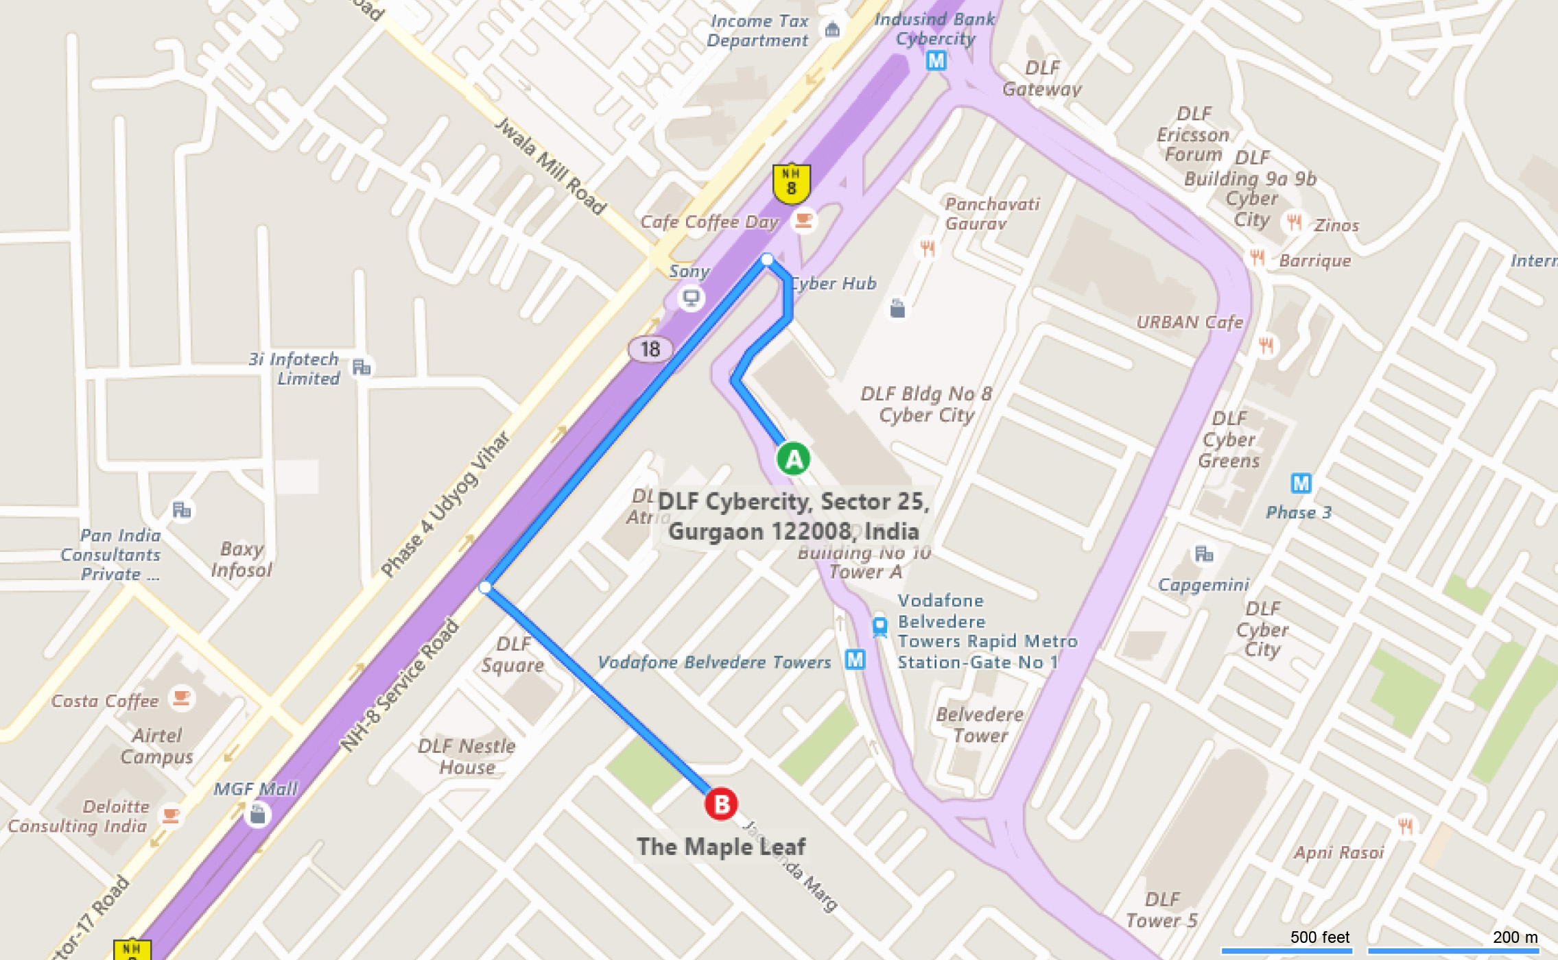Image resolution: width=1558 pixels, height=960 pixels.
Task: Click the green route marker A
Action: pyautogui.click(x=793, y=459)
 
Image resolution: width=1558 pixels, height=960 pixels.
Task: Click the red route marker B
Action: pyautogui.click(x=721, y=804)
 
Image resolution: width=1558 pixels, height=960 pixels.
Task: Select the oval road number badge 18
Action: pyautogui.click(x=650, y=349)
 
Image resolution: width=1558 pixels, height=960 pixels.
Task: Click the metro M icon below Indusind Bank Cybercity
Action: pyautogui.click(x=936, y=61)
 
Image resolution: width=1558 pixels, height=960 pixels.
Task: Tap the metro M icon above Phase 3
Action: pyautogui.click(x=1301, y=483)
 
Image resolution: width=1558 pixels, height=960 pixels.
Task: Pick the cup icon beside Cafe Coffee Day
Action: pyautogui.click(x=803, y=220)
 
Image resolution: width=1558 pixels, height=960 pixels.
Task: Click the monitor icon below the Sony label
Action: pyautogui.click(x=691, y=298)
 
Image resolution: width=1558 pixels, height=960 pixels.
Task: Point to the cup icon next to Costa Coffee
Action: pyautogui.click(x=181, y=698)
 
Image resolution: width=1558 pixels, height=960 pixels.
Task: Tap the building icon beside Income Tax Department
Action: pyautogui.click(x=832, y=29)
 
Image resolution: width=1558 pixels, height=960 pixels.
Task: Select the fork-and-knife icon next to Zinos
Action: pyautogui.click(x=1294, y=222)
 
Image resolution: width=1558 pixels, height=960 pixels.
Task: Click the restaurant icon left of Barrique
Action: pyautogui.click(x=1257, y=258)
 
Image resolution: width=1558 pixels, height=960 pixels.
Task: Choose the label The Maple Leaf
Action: pyautogui.click(x=720, y=847)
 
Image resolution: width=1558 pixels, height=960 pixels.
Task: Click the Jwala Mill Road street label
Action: pyautogui.click(x=550, y=166)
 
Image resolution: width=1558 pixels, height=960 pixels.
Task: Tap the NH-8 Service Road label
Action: pyautogui.click(x=399, y=686)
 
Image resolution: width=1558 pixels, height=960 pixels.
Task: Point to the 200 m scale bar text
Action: pyautogui.click(x=1515, y=937)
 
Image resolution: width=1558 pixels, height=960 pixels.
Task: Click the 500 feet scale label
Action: pyautogui.click(x=1319, y=937)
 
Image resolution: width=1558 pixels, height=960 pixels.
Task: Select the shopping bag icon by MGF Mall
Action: pyautogui.click(x=257, y=815)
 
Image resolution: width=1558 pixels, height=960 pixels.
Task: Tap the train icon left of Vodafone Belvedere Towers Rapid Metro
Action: pyautogui.click(x=880, y=627)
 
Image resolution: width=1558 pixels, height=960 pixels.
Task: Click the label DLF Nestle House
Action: pyautogui.click(x=467, y=756)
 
